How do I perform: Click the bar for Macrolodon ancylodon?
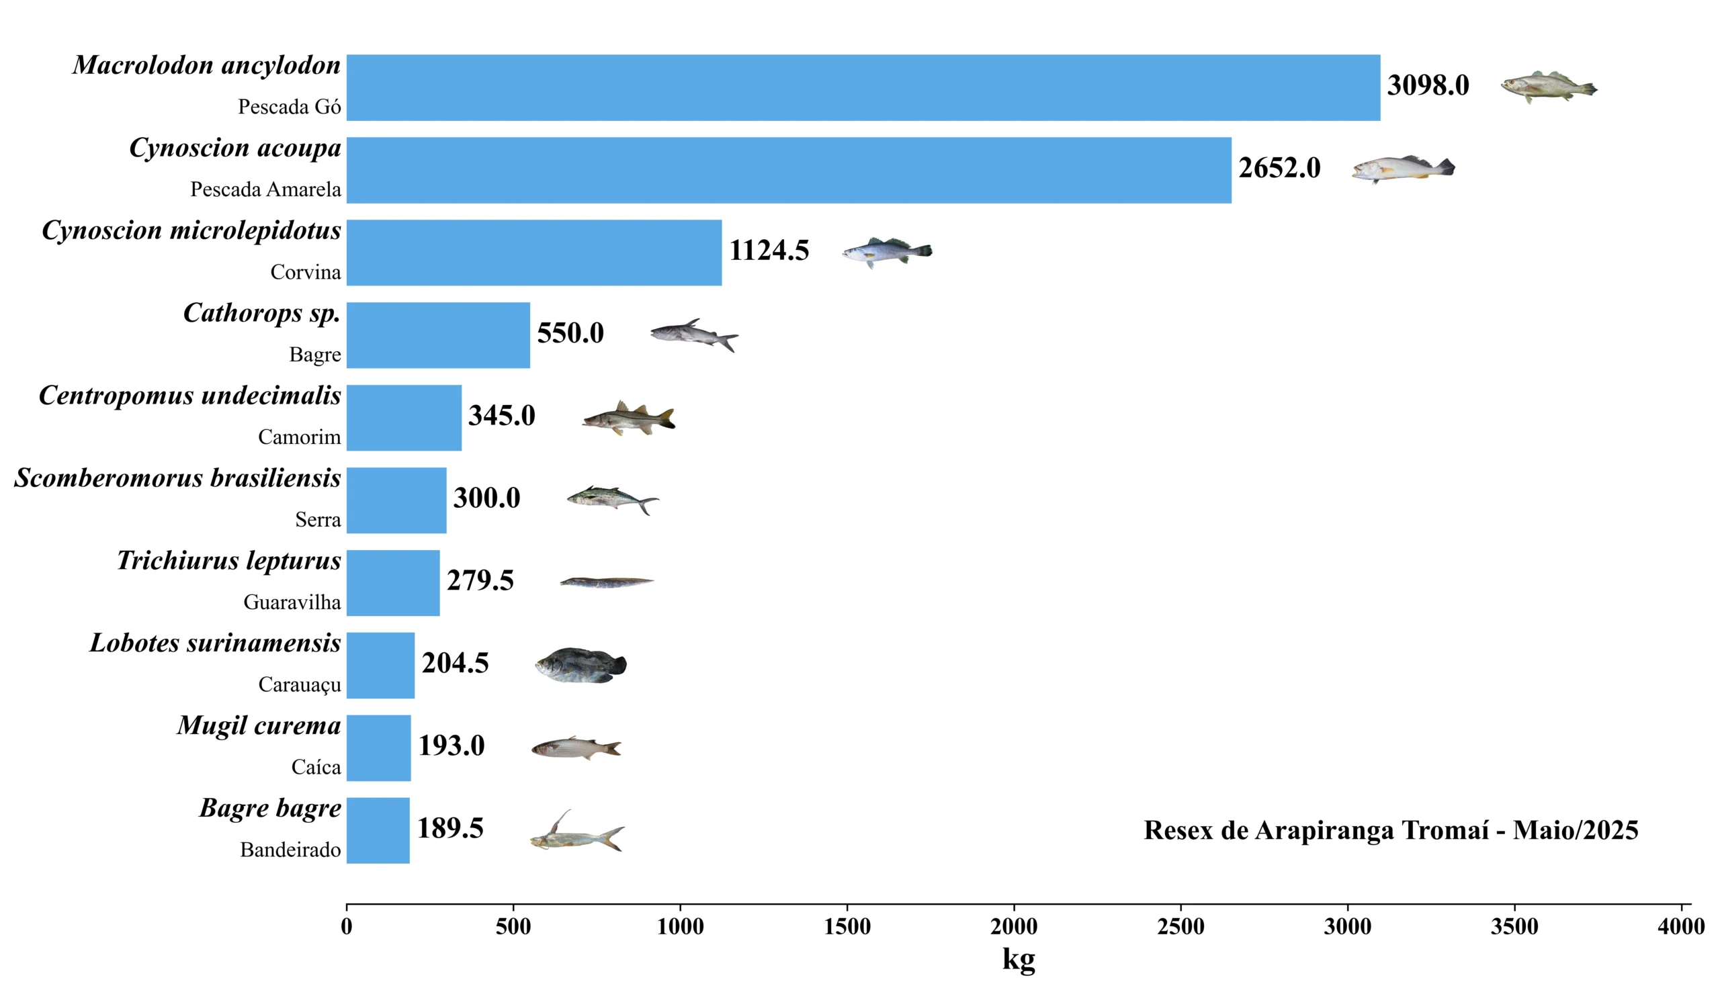[863, 88]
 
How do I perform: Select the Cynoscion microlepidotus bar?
[534, 253]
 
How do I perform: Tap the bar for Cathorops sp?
[438, 335]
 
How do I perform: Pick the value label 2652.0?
[1279, 168]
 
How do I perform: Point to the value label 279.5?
[480, 581]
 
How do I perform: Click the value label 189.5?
[449, 828]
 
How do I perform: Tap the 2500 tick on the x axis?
[1180, 926]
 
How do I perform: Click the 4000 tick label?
[1680, 926]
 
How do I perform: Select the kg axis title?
[1018, 958]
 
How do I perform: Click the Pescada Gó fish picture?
[1548, 87]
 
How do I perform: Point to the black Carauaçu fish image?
[580, 664]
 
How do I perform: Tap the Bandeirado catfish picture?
[576, 833]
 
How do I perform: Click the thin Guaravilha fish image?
[607, 582]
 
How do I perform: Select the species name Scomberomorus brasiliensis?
[177, 478]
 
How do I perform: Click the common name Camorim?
[299, 437]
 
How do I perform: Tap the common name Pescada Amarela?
[265, 189]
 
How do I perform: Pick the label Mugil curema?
[259, 725]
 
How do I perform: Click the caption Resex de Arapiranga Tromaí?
[1390, 830]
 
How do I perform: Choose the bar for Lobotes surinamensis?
[380, 665]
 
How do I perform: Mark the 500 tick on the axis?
[513, 926]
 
